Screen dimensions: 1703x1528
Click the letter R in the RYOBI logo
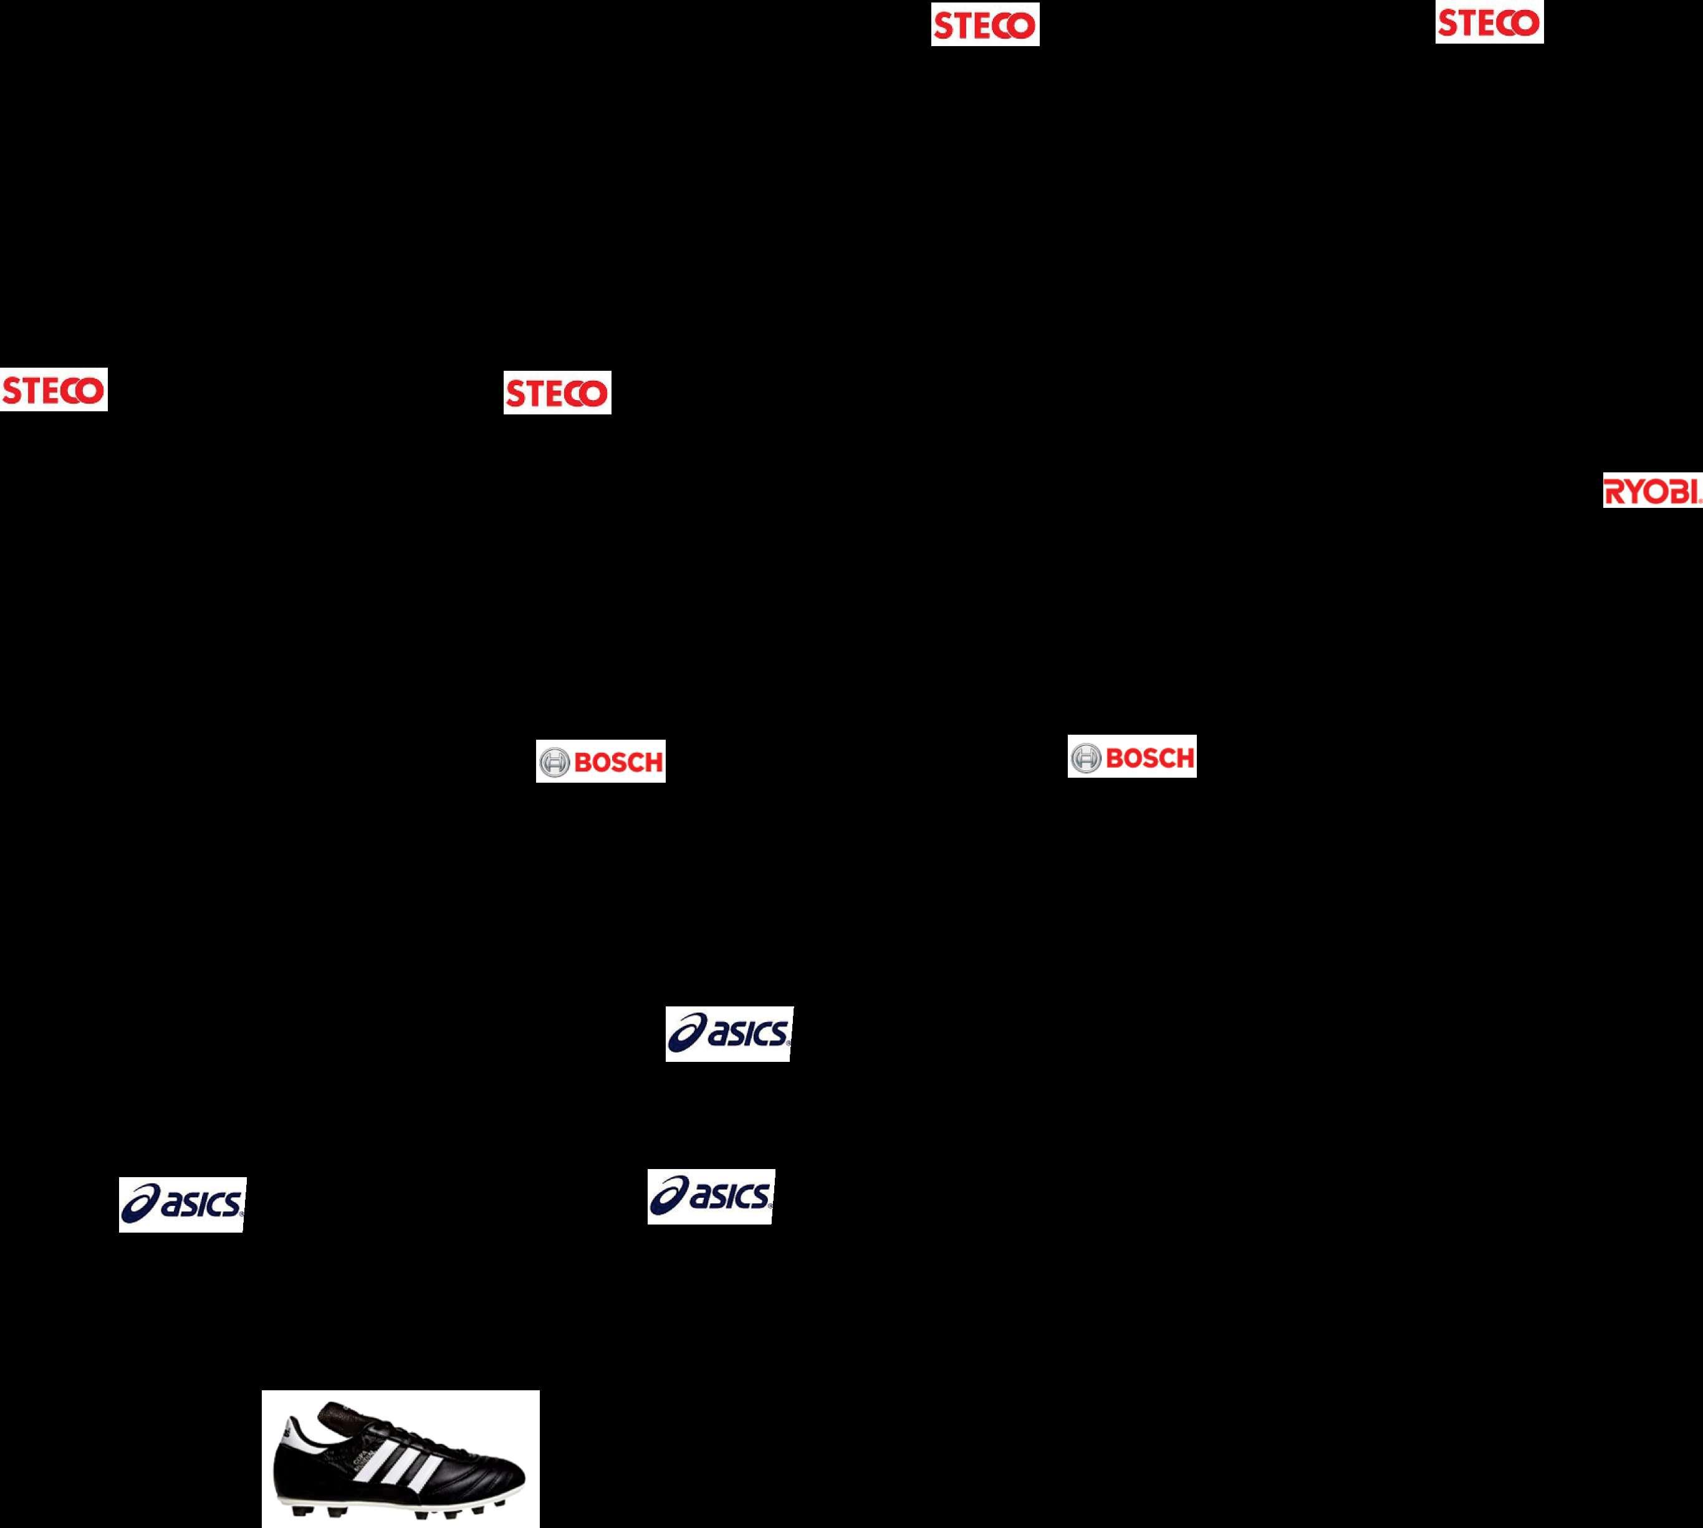pos(1614,492)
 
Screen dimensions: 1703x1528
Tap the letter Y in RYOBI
pos(1634,492)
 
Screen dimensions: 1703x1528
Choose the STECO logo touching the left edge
pos(54,390)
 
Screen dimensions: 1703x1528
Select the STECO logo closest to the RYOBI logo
pos(1489,22)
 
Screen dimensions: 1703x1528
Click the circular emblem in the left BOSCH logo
pos(554,762)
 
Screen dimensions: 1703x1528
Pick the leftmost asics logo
pos(182,1205)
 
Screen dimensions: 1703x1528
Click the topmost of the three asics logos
pos(729,1033)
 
